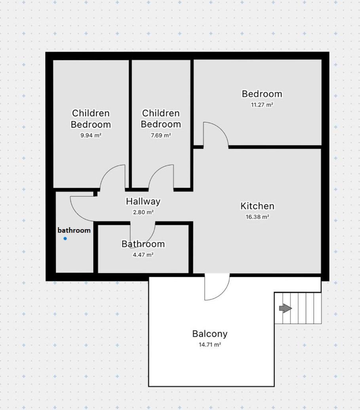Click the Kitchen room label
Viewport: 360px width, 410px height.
(x=257, y=206)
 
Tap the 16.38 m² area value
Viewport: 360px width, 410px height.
(x=257, y=217)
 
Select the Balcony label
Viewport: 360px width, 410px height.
(x=210, y=334)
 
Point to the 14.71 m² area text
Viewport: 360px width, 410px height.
(x=210, y=345)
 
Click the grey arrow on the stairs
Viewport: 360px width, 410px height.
(x=286, y=308)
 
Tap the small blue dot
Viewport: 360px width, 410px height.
(x=65, y=239)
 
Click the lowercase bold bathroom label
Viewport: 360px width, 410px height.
(x=74, y=230)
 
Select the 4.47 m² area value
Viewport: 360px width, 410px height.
(x=143, y=254)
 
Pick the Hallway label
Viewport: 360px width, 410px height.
(x=143, y=201)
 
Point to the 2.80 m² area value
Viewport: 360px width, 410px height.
(x=143, y=212)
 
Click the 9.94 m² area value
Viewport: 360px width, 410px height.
(x=91, y=135)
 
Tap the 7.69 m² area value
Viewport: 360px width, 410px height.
(x=161, y=135)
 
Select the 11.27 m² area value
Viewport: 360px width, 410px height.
(x=262, y=105)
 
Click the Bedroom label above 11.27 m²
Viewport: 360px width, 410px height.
(x=262, y=94)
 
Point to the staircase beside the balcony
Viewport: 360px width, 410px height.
(x=298, y=308)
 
